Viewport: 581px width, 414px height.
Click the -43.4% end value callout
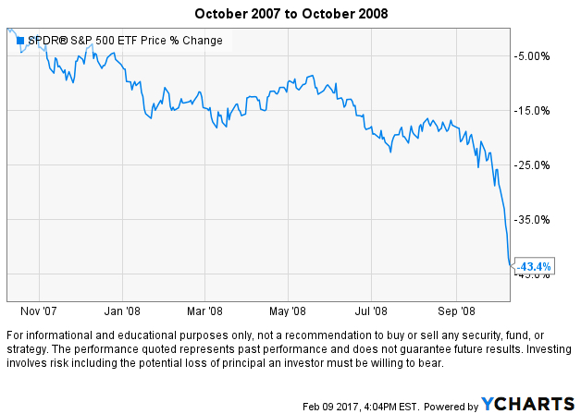click(x=534, y=266)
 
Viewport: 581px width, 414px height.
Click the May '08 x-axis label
click(x=290, y=310)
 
